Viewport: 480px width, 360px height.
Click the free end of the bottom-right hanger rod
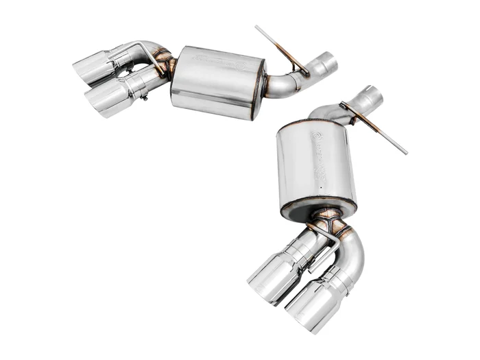(405, 152)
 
